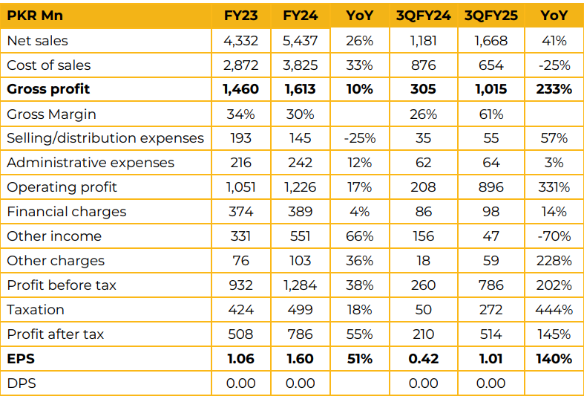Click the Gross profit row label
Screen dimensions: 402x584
pos(48,89)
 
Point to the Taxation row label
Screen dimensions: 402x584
pos(36,310)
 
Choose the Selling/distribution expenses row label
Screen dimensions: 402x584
pos(105,138)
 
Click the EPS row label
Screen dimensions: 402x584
pos(21,359)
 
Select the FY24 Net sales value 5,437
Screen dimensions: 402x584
pos(300,41)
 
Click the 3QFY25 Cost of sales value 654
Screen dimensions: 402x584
pos(492,65)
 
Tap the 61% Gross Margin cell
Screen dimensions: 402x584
pos(492,114)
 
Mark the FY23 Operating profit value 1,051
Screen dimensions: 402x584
pos(240,187)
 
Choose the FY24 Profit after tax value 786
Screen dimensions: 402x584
pos(300,334)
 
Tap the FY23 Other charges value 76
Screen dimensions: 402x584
pos(240,261)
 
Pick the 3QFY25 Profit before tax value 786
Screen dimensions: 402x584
pos(492,285)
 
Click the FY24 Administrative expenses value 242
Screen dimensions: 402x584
pos(300,163)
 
